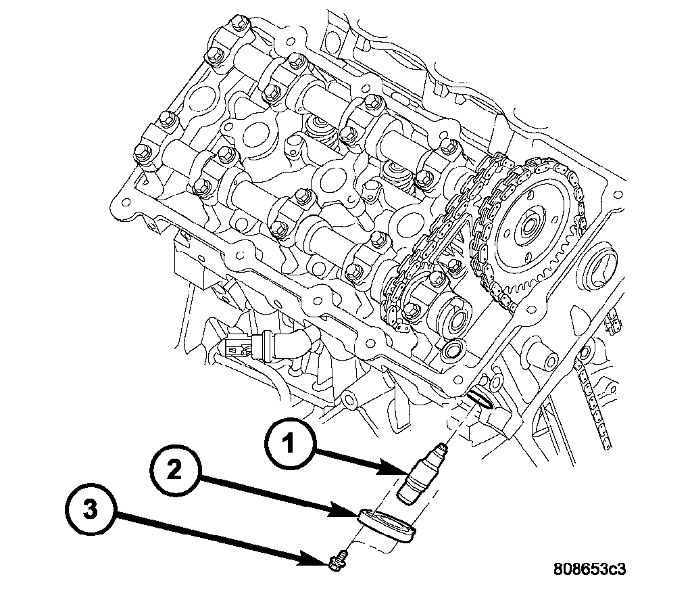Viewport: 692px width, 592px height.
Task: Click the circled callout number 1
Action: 289,445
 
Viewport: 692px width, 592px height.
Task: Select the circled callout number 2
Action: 174,472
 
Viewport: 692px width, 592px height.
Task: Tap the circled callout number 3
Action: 91,511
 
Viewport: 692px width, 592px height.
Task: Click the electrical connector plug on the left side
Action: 238,345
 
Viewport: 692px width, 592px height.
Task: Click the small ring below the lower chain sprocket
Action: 451,350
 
